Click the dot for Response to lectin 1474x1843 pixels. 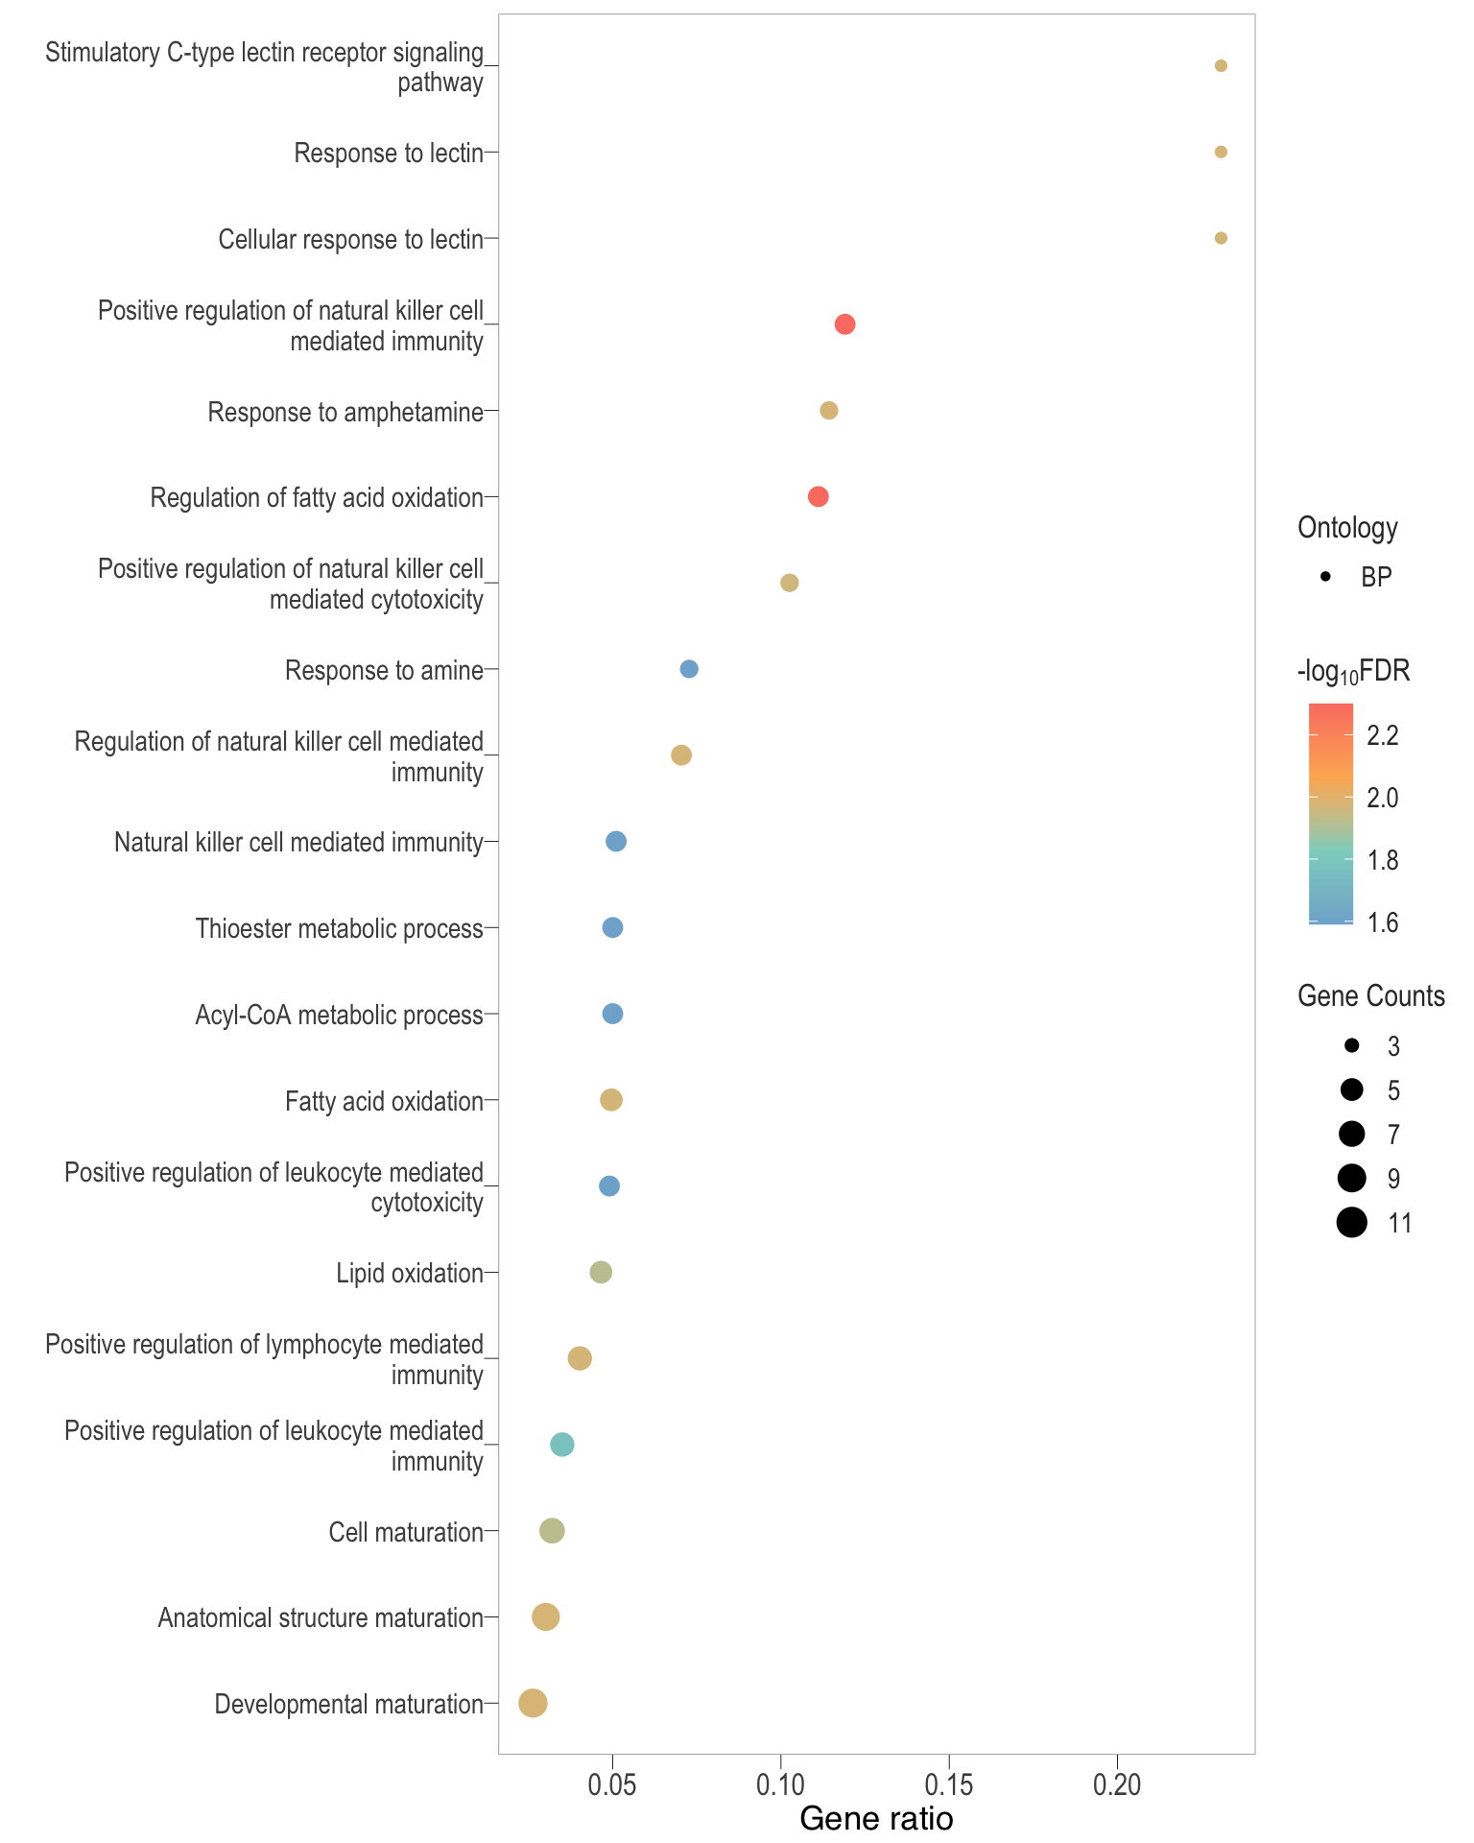pyautogui.click(x=1221, y=152)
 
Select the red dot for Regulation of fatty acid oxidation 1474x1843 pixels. pyautogui.click(x=818, y=496)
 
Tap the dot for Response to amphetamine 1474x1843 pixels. pyautogui.click(x=829, y=411)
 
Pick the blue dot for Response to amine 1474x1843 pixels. pyautogui.click(x=689, y=669)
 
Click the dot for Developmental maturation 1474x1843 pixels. pyautogui.click(x=533, y=1703)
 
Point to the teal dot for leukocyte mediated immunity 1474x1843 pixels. pyautogui.click(x=562, y=1445)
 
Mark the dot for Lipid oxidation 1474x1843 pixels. pyautogui.click(x=601, y=1273)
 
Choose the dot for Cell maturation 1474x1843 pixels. pyautogui.click(x=552, y=1531)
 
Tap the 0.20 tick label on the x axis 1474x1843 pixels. pyautogui.click(x=1117, y=1786)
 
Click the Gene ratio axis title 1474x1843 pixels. pyautogui.click(x=876, y=1819)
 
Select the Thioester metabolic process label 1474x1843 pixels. pyautogui.click(x=339, y=929)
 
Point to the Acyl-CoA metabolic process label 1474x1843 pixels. pyautogui.click(x=339, y=1015)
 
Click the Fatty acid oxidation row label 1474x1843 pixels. pyautogui.click(x=384, y=1101)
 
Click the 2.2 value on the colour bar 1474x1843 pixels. pyautogui.click(x=1383, y=736)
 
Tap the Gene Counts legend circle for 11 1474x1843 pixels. pyautogui.click(x=1351, y=1223)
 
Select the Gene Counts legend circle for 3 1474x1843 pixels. pyautogui.click(x=1351, y=1045)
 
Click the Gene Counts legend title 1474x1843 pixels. pyautogui.click(x=1370, y=996)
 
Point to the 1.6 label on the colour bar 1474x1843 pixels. pyautogui.click(x=1383, y=923)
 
